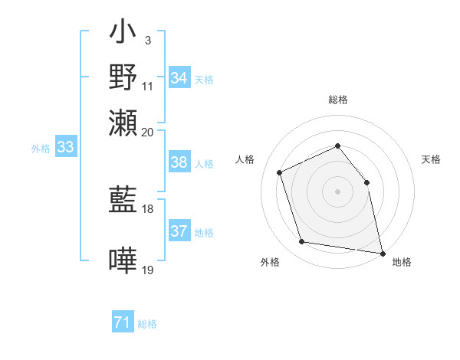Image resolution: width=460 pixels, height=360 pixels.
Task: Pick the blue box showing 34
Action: coord(179,78)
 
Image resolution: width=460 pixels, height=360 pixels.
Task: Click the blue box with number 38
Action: coord(179,162)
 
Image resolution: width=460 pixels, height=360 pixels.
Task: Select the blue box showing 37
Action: coord(179,231)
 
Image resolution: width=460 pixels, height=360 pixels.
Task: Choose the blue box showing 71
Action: coord(123,323)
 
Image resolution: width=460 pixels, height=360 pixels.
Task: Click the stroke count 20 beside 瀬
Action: coord(148,132)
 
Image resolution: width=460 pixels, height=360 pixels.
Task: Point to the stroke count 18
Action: coord(148,208)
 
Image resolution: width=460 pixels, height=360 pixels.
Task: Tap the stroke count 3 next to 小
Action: coord(148,38)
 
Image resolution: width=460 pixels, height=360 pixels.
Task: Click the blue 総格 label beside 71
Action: coord(147,324)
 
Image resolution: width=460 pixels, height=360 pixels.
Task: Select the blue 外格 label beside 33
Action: coord(41,149)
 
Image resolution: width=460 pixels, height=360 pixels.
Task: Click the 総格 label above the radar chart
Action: coord(337,100)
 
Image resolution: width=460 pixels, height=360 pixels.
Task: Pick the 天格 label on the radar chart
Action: coord(432,159)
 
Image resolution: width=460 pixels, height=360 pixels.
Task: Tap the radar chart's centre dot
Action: coord(337,191)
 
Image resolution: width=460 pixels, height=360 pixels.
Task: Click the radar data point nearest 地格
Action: coord(382,252)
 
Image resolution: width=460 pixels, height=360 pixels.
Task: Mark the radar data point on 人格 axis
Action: coord(280,172)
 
